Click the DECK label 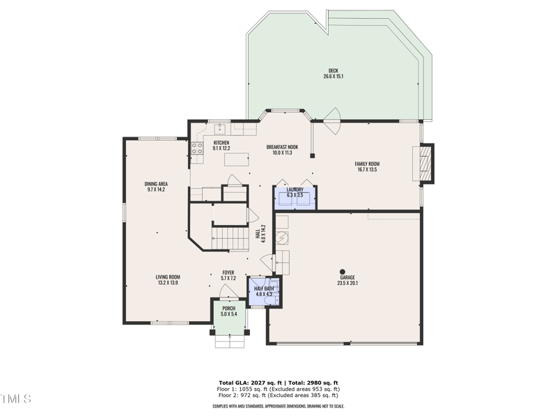(333, 70)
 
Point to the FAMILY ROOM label (367, 164)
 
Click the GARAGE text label (347, 277)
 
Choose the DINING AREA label (156, 184)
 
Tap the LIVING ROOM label (168, 277)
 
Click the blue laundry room (295, 197)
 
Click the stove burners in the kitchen (197, 148)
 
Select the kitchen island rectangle (237, 160)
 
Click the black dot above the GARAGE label (343, 271)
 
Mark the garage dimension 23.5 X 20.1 (347, 284)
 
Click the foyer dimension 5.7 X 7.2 (228, 278)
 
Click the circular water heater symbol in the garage (283, 238)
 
